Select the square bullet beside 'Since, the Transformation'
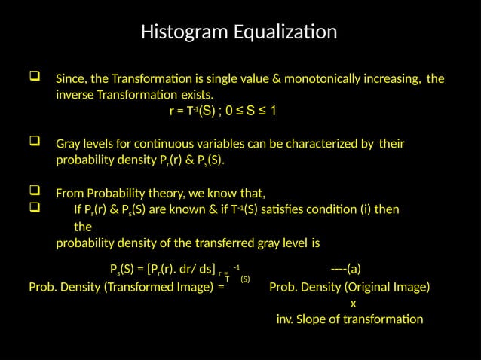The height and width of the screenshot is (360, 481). point(33,78)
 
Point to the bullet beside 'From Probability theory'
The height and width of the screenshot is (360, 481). point(33,188)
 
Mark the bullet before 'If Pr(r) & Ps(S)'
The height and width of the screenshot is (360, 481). point(33,206)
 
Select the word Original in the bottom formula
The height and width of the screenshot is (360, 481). point(365,287)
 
